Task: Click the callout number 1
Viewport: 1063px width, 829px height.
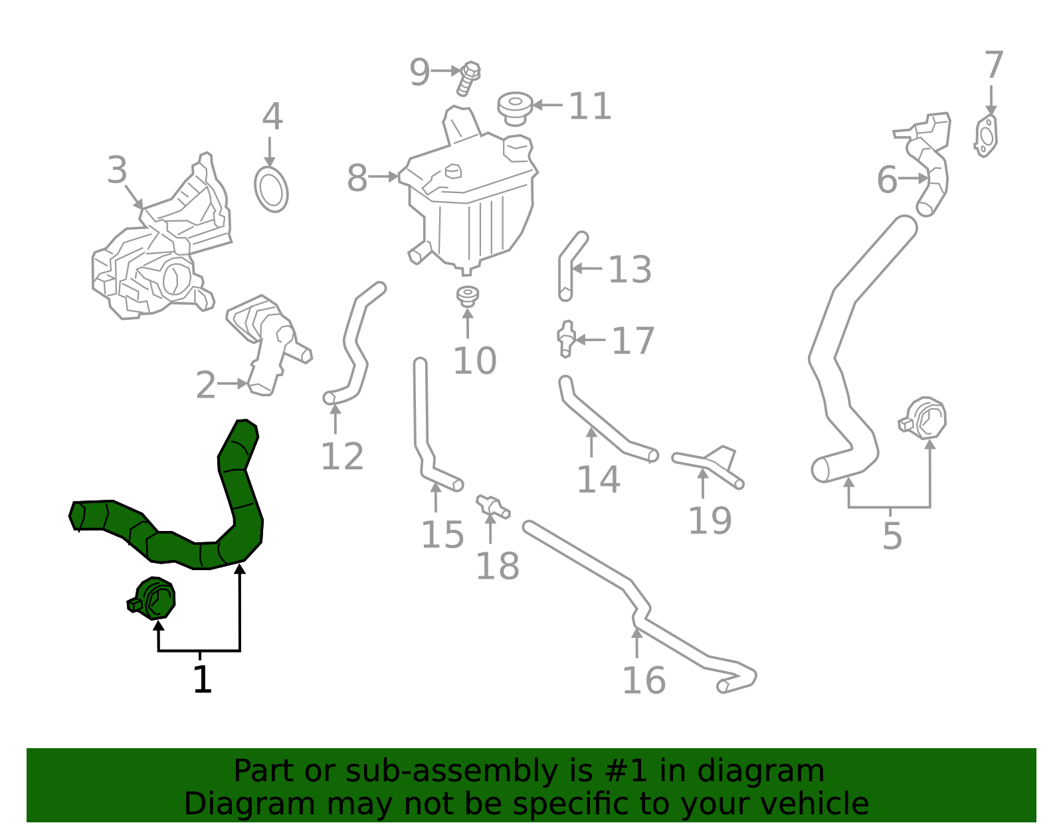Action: (202, 680)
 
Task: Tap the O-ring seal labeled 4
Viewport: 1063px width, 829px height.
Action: (271, 189)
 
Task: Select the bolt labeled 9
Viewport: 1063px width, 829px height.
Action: (469, 78)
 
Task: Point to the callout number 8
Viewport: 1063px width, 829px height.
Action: (357, 179)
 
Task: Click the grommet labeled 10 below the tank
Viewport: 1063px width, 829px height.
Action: (468, 296)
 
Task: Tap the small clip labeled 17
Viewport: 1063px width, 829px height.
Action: (566, 338)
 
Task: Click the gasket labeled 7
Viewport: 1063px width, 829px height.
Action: (987, 136)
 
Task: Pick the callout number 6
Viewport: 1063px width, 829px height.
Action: (887, 180)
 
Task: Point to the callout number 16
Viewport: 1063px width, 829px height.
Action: (643, 680)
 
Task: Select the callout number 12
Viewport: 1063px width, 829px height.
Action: (342, 457)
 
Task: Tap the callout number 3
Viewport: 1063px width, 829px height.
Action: (117, 171)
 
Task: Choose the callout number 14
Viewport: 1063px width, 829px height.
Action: (598, 479)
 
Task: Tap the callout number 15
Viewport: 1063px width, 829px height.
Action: (442, 534)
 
